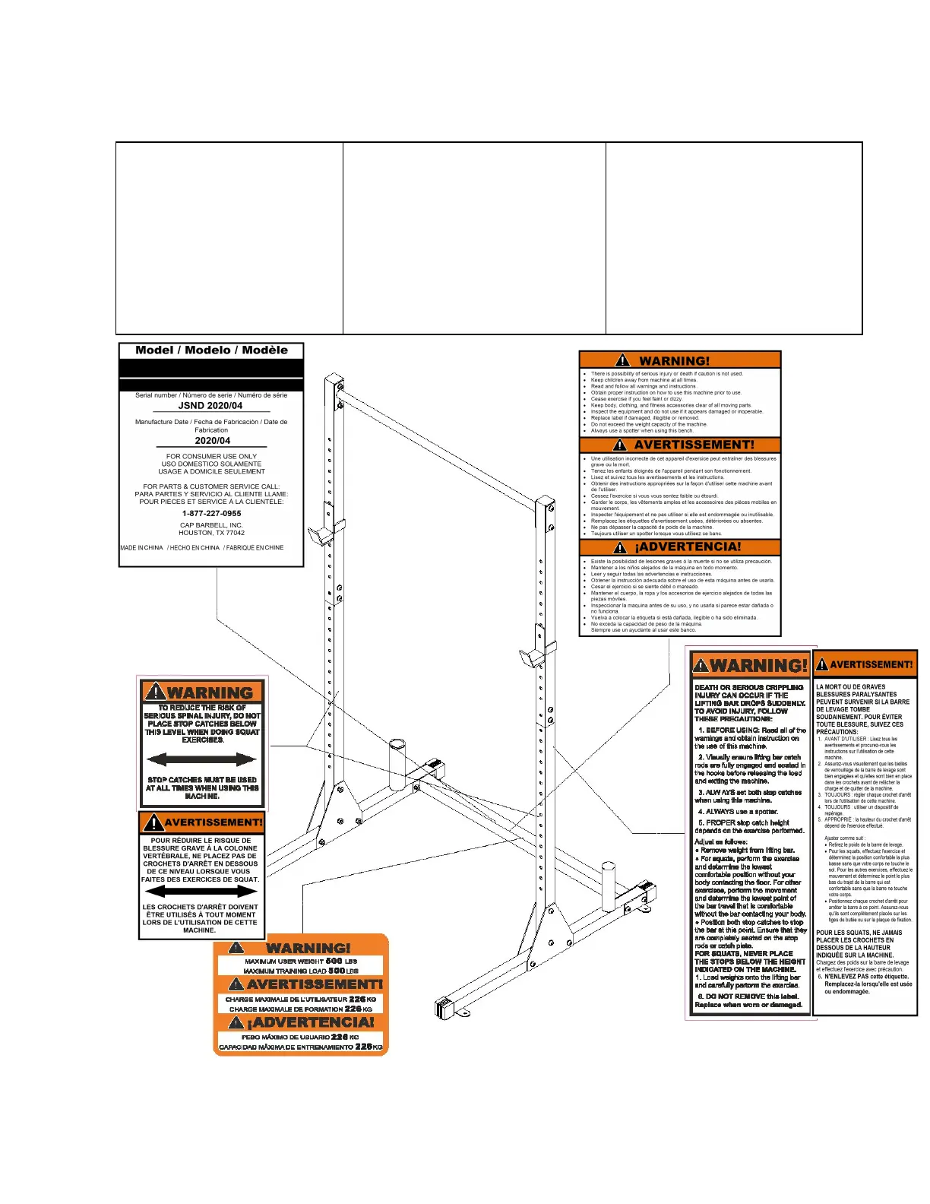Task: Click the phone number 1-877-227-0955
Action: pyautogui.click(x=211, y=513)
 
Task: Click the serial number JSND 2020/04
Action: pyautogui.click(x=210, y=406)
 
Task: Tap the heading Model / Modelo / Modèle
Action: pyautogui.click(x=211, y=350)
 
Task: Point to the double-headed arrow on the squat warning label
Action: pyautogui.click(x=201, y=759)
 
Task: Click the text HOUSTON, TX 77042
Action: pyautogui.click(x=211, y=533)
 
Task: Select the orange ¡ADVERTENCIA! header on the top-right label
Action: pyautogui.click(x=680, y=547)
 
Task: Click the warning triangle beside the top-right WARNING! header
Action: pyautogui.click(x=623, y=361)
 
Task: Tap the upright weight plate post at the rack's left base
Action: pyautogui.click(x=397, y=765)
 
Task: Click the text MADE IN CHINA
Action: pyautogui.click(x=142, y=548)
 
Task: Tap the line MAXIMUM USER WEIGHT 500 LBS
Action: pyautogui.click(x=300, y=962)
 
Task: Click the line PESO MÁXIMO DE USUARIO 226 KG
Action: pyautogui.click(x=300, y=1037)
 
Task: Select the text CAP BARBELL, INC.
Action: pyautogui.click(x=211, y=525)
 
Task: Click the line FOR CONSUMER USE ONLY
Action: pyautogui.click(x=211, y=457)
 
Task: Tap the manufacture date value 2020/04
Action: pyautogui.click(x=212, y=441)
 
